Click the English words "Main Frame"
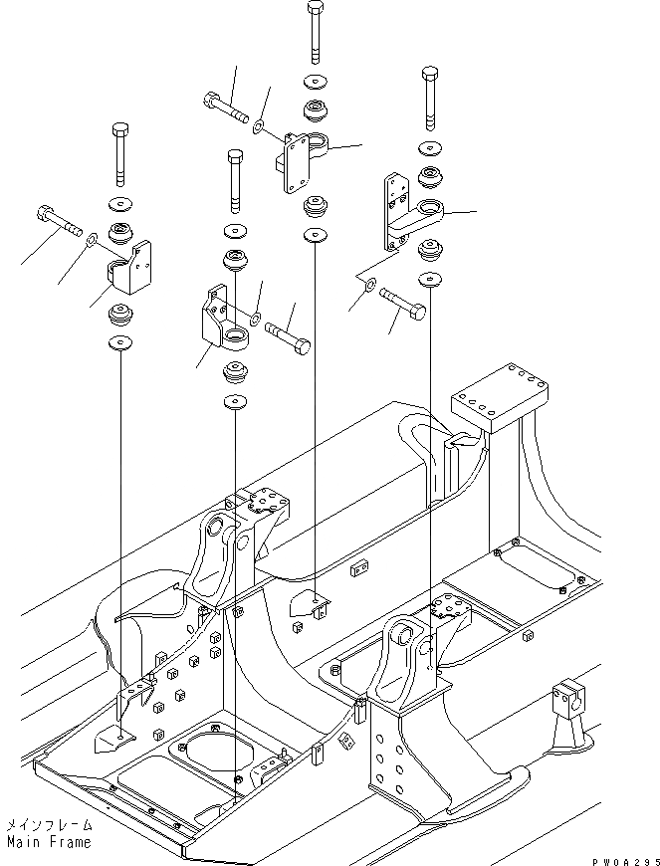pyautogui.click(x=48, y=842)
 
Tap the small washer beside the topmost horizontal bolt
pyautogui.click(x=257, y=125)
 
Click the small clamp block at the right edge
pyautogui.click(x=566, y=700)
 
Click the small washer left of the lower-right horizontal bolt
pyautogui.click(x=370, y=288)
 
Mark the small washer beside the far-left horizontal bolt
pyautogui.click(x=91, y=240)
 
